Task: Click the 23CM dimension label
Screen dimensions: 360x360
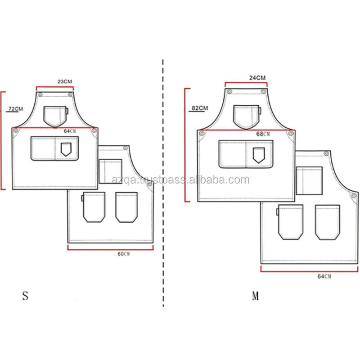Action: pyautogui.click(x=65, y=81)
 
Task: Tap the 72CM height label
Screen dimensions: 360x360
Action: pyautogui.click(x=16, y=108)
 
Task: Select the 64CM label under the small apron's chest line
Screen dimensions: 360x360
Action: pyautogui.click(x=70, y=131)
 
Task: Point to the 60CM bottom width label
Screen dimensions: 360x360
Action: pyautogui.click(x=123, y=254)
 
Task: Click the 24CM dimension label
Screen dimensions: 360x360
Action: pyautogui.click(x=257, y=78)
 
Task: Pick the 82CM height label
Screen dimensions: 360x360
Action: pyautogui.click(x=200, y=108)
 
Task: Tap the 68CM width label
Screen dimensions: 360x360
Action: pyautogui.click(x=263, y=134)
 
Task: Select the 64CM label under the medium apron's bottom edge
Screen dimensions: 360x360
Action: pyautogui.click(x=324, y=276)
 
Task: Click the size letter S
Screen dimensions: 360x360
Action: pyautogui.click(x=25, y=296)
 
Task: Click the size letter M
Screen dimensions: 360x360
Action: pyautogui.click(x=256, y=296)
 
